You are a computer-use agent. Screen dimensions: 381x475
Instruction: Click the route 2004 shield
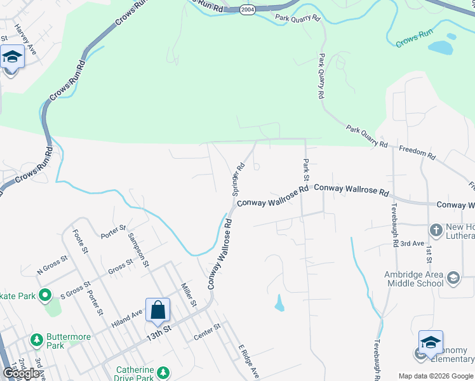(x=247, y=9)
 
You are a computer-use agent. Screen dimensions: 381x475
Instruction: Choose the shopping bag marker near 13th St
(x=157, y=311)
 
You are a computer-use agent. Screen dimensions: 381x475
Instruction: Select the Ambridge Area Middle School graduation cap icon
(x=453, y=277)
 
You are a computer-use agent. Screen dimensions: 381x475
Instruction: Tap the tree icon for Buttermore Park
(x=37, y=338)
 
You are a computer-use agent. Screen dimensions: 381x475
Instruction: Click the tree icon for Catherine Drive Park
(x=164, y=371)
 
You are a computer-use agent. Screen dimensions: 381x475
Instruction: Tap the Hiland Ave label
(x=128, y=316)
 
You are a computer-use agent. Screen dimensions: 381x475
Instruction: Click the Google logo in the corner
(x=22, y=373)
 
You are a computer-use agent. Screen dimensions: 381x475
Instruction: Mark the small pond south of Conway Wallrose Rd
(x=279, y=304)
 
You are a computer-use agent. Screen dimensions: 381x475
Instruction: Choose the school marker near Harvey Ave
(x=12, y=58)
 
